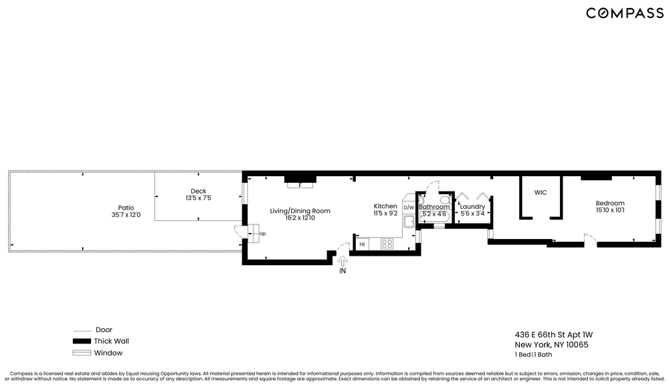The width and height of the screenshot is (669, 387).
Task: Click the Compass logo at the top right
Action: pyautogui.click(x=625, y=13)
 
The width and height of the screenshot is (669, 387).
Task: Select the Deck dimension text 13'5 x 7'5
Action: pyautogui.click(x=199, y=198)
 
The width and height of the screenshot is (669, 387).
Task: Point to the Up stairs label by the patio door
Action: pyautogui.click(x=262, y=234)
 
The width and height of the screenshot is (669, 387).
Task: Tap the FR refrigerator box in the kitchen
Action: pyautogui.click(x=362, y=244)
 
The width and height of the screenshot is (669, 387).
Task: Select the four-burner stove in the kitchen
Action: pyautogui.click(x=387, y=244)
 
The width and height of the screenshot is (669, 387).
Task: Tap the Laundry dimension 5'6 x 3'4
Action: pyautogui.click(x=472, y=214)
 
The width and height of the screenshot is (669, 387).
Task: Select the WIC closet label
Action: pyautogui.click(x=541, y=192)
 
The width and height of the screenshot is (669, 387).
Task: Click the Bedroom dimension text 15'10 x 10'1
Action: pyautogui.click(x=609, y=211)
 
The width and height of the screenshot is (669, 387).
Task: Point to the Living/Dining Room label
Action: pyautogui.click(x=300, y=211)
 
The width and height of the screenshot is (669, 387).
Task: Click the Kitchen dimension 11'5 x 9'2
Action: pyautogui.click(x=385, y=213)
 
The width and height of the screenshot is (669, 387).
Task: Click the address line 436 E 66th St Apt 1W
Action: pyautogui.click(x=553, y=334)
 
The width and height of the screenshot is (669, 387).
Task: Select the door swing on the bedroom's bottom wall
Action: pyautogui.click(x=589, y=239)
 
